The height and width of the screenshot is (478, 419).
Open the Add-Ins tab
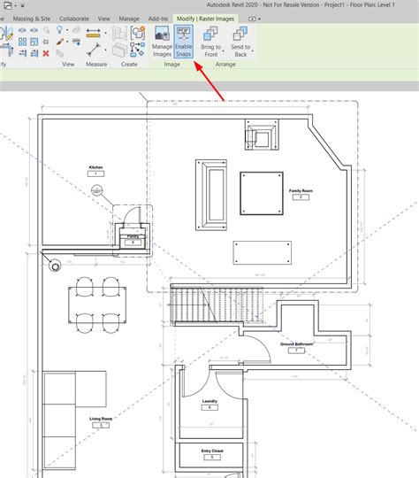coord(158,18)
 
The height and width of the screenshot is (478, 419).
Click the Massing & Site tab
coord(31,18)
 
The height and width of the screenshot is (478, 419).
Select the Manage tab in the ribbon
coord(129,18)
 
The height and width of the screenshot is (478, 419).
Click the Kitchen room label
coord(95,167)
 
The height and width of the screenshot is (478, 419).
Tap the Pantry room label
coord(133,237)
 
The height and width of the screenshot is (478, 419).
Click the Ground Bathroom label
coord(296,344)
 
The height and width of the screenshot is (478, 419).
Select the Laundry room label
coord(209,402)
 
